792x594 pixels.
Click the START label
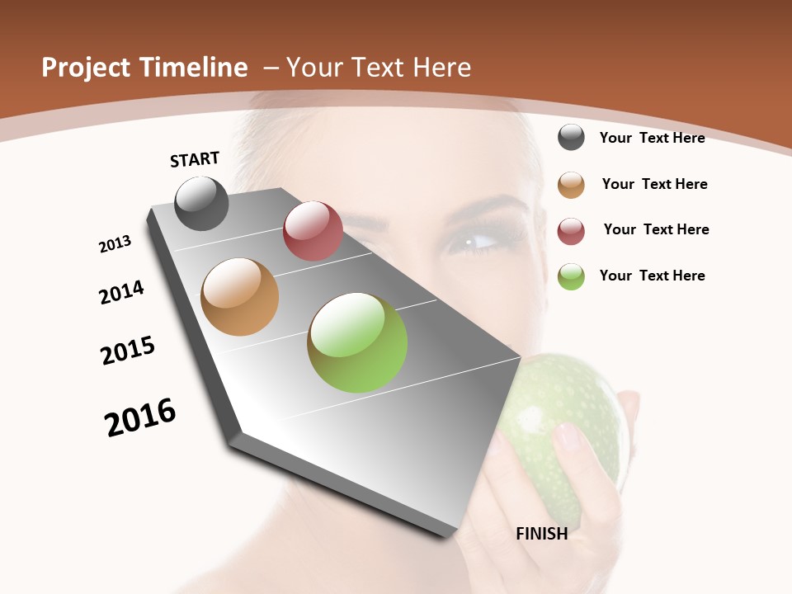(x=195, y=159)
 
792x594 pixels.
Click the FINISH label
(x=542, y=534)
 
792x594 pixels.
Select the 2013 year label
(x=115, y=244)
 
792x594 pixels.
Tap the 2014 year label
(x=121, y=292)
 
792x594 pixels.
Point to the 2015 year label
(x=128, y=351)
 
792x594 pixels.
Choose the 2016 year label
(x=140, y=417)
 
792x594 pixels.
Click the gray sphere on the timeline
(x=202, y=203)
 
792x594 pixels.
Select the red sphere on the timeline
(x=313, y=230)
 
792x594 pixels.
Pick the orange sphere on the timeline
(x=240, y=297)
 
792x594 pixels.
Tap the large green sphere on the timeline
(x=357, y=342)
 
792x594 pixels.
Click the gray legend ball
(x=571, y=137)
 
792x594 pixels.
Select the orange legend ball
(x=571, y=185)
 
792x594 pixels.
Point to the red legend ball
(x=571, y=231)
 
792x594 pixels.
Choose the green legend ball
(x=571, y=276)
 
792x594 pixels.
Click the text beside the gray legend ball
(x=652, y=138)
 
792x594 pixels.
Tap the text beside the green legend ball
(x=652, y=276)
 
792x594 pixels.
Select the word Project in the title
(x=86, y=68)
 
